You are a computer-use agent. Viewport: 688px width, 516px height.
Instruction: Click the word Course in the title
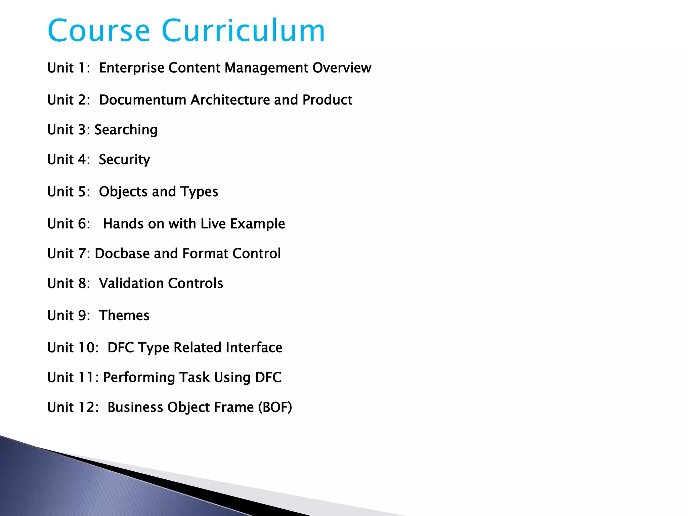[99, 31]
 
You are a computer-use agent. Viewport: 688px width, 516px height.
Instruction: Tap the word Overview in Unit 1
[342, 68]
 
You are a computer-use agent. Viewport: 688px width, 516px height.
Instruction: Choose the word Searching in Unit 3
[126, 130]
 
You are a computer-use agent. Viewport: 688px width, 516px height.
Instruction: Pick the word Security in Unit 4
[124, 160]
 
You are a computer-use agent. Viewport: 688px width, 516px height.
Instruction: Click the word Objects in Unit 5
[123, 192]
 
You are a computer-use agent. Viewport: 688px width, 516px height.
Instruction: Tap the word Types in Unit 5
[199, 192]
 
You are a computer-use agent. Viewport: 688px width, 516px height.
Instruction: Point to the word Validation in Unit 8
[131, 284]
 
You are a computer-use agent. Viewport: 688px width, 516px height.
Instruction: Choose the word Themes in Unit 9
[124, 315]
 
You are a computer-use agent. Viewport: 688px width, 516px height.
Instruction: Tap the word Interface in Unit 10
[254, 348]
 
